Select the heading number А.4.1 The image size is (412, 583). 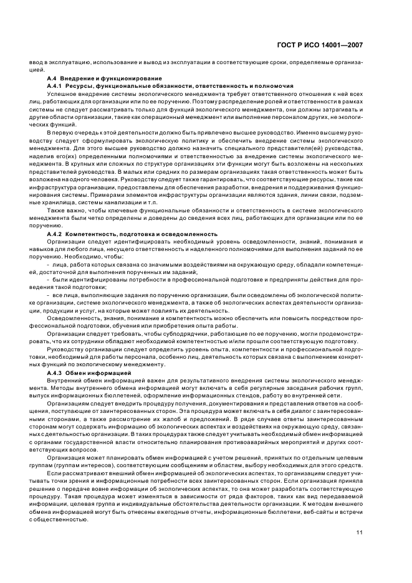[x=55, y=85]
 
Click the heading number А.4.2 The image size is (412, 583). [x=55, y=234]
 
